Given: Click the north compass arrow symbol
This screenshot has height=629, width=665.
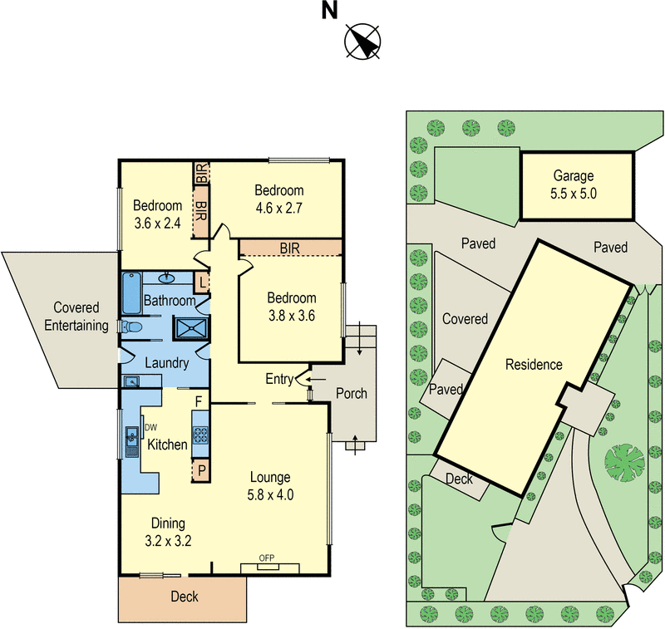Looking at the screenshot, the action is point(362,41).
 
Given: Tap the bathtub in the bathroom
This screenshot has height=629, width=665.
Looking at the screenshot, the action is point(131,293).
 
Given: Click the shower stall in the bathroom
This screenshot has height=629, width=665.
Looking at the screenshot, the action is point(191,328).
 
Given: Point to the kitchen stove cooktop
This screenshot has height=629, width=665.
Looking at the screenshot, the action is point(200,435).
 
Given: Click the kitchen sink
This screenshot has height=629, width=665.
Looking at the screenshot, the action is point(132,442).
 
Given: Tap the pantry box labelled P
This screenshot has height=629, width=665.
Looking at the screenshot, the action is point(201,470).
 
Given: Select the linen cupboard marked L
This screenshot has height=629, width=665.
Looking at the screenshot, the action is point(202,283).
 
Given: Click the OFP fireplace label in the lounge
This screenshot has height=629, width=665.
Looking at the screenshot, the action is point(267,558).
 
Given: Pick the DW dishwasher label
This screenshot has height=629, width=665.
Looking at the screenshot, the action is point(151,428).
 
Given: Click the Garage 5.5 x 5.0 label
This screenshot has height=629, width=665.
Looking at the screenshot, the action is point(574,184).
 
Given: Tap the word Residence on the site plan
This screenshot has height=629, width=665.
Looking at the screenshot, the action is point(534,365).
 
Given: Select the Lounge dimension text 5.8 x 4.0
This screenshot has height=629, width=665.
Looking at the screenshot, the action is point(270,494).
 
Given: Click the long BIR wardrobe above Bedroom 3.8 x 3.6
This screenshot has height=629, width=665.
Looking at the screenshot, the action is point(291,248).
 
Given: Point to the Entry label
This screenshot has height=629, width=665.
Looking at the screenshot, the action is point(279,379).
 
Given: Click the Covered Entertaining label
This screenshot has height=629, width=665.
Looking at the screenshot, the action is point(76,317).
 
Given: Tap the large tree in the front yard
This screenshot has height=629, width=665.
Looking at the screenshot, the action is point(625,463).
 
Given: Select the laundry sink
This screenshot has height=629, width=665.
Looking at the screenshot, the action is point(131,381).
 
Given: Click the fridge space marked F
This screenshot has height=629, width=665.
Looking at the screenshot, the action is point(199,401).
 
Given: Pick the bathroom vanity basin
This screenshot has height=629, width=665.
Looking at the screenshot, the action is point(167,278).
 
